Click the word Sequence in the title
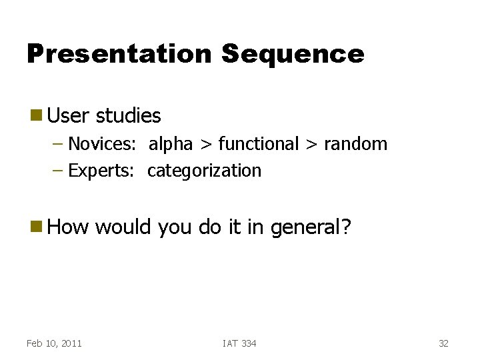point(293,54)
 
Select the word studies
point(129,116)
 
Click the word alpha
point(171,144)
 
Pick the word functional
point(259,143)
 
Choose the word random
point(355,143)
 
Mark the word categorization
point(205,171)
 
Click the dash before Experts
point(58,171)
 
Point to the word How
point(69,227)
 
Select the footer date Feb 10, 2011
point(54,343)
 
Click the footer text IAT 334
point(239,343)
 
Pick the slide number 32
point(443,343)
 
